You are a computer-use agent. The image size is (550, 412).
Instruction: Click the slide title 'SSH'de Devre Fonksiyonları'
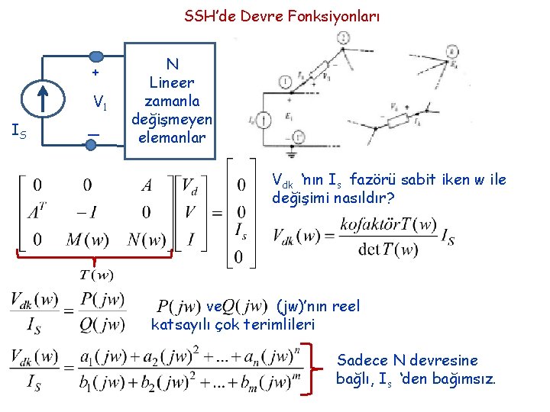pos(281,16)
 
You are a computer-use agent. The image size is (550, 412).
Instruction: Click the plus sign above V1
pos(95,73)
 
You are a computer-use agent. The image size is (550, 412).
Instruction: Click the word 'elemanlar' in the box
pos(173,138)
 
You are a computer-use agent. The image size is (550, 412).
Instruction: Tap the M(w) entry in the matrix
pos(86,240)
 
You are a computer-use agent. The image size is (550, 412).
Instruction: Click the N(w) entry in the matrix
pos(146,240)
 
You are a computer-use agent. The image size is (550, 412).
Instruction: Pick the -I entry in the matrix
pos(86,211)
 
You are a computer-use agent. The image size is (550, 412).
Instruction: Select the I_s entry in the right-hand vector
pos(240,230)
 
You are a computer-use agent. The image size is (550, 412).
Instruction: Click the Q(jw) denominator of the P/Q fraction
pos(102,325)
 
